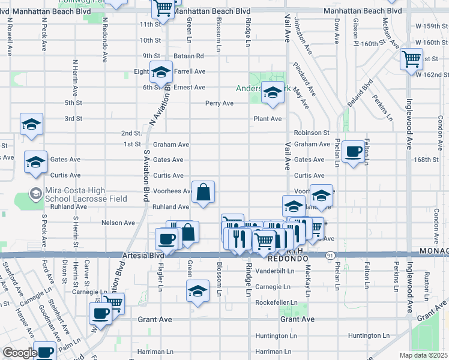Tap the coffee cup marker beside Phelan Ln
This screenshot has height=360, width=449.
(x=354, y=152)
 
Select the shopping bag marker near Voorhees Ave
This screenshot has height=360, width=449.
(x=204, y=193)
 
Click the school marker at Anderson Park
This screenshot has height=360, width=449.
(x=273, y=93)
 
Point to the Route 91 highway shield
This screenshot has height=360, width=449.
(x=331, y=255)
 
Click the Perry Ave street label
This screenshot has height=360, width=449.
(x=219, y=103)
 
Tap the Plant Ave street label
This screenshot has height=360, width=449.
(x=267, y=119)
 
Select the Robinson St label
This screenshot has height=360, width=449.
(x=312, y=133)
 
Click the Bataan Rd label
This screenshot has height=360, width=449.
(x=189, y=56)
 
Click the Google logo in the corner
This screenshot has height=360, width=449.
(x=20, y=353)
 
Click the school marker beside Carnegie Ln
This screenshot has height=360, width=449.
(x=196, y=291)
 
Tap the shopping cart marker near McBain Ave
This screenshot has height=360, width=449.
(x=412, y=59)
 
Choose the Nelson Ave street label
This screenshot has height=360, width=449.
(x=119, y=223)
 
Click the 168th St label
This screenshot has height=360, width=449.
(x=426, y=160)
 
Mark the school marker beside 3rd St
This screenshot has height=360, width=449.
(x=31, y=125)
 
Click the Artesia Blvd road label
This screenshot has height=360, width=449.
(x=144, y=256)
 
